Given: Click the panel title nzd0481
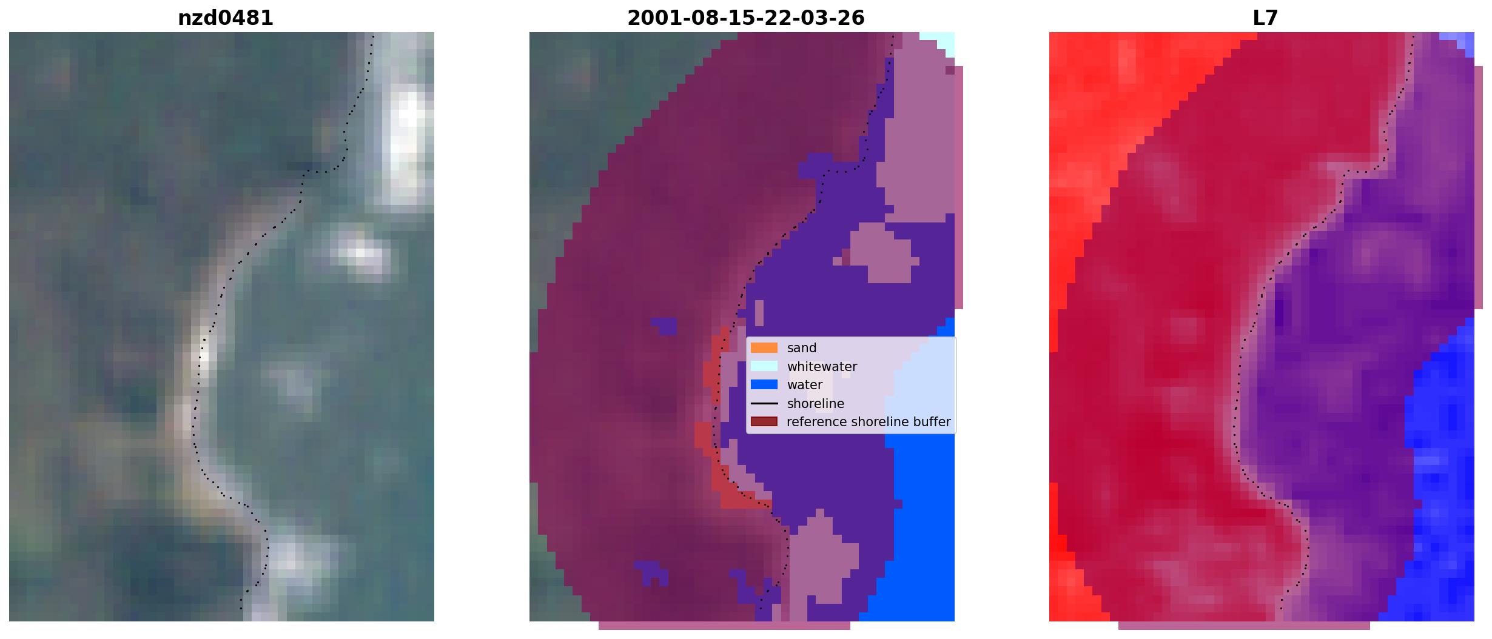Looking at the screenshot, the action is (225, 18).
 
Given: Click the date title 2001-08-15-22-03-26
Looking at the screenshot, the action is (745, 18).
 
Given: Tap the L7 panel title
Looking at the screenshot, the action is (1265, 18).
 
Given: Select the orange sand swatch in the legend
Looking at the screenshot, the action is (764, 348).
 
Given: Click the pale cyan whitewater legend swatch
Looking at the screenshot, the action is (764, 366).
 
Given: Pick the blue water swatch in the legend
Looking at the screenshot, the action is (764, 384).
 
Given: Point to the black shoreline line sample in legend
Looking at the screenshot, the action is (764, 403).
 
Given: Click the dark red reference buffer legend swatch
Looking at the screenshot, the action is (764, 421).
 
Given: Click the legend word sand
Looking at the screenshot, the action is (802, 348).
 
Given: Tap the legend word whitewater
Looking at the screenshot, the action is (822, 367).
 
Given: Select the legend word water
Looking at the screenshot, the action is (805, 385).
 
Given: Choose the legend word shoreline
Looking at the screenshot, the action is (816, 404).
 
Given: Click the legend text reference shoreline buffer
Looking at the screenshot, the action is (869, 422).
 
